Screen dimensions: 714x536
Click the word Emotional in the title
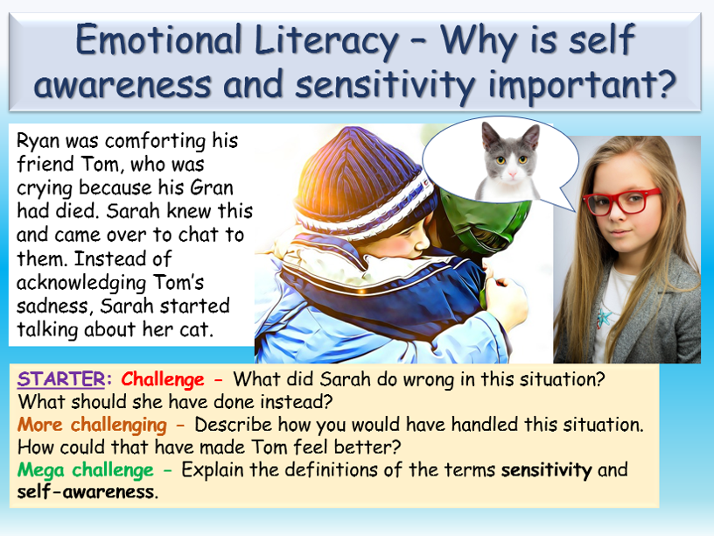coord(158,40)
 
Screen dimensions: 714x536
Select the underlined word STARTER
coord(61,379)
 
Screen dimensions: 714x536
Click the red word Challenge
coord(163,379)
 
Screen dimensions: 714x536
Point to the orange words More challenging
coord(93,425)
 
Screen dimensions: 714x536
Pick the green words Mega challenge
coord(86,470)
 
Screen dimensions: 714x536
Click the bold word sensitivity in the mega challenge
coord(546,470)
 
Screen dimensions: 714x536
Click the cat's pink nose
coord(512,174)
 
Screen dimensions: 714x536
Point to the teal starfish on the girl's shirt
coord(604,318)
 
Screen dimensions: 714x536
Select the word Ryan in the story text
coord(38,141)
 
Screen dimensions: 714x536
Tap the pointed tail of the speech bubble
coord(574,210)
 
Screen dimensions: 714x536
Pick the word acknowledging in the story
coord(81,283)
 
